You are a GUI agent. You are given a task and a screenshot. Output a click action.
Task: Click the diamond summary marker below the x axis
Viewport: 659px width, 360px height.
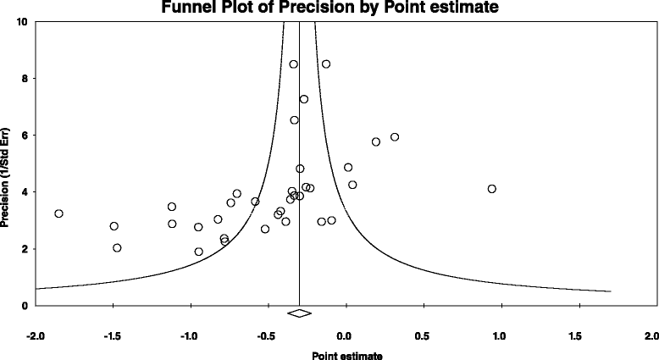[x=299, y=314]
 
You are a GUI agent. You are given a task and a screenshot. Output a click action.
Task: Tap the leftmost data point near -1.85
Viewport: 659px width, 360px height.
[x=58, y=213]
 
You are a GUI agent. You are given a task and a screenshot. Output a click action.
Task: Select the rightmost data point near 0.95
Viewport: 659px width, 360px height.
[x=491, y=189]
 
